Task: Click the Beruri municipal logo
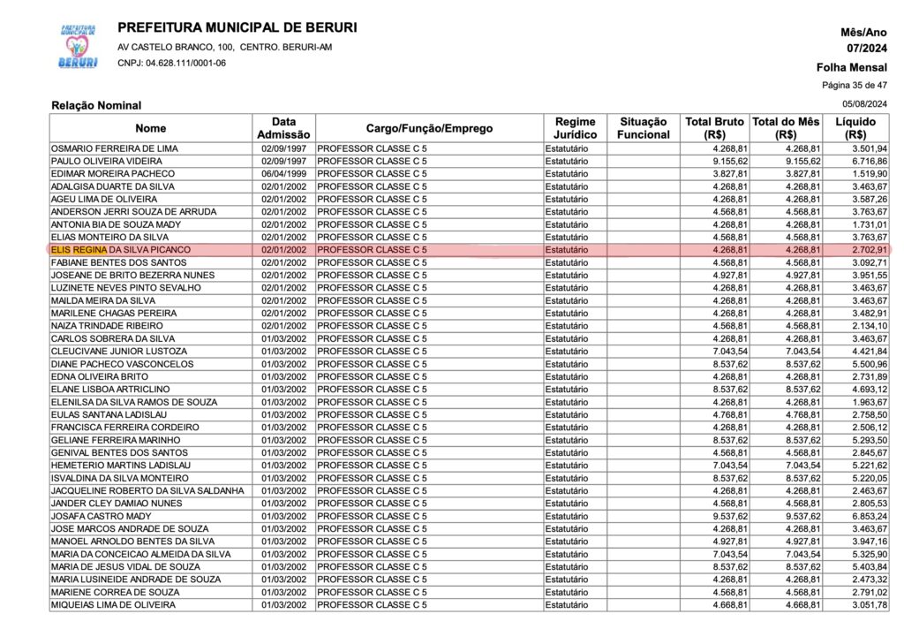pos(78,47)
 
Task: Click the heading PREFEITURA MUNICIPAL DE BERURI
pos(237,27)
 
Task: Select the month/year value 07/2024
pos(867,48)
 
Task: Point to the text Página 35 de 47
pos(855,86)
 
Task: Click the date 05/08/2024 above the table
pos(867,105)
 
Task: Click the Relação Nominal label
pos(96,106)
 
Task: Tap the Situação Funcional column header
pos(644,128)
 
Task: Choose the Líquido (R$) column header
pos(855,128)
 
